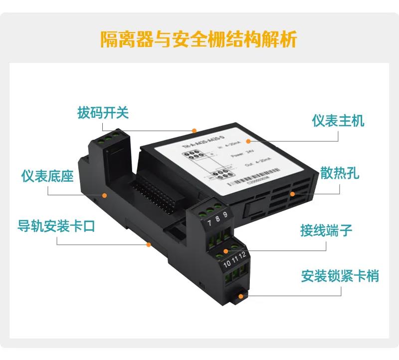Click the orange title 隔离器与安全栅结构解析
pyautogui.click(x=199, y=38)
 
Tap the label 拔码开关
pyautogui.click(x=103, y=112)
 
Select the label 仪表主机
pyautogui.click(x=338, y=120)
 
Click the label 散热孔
pyautogui.click(x=340, y=174)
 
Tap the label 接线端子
pyautogui.click(x=326, y=231)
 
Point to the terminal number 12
pyautogui.click(x=242, y=256)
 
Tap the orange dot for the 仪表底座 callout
pyautogui.click(x=104, y=195)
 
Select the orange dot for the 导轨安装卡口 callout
pyautogui.click(x=148, y=245)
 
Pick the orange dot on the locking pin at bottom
pyautogui.click(x=241, y=296)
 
